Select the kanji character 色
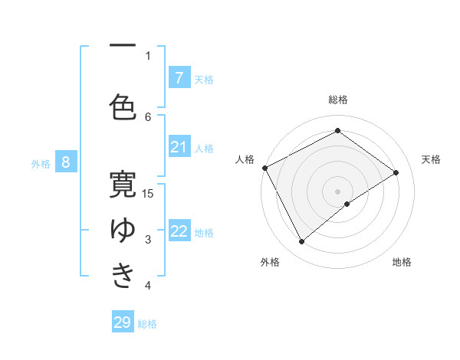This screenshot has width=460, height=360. (x=123, y=106)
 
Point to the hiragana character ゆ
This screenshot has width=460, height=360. (x=123, y=229)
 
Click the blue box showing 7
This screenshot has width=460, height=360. (x=179, y=77)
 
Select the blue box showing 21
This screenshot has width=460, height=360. (x=179, y=147)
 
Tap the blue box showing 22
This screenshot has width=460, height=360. (x=179, y=231)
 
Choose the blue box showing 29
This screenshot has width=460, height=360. (x=123, y=322)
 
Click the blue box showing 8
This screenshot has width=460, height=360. (x=66, y=162)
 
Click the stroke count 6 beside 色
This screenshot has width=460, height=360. (x=148, y=116)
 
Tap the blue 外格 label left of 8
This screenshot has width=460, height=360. (x=40, y=163)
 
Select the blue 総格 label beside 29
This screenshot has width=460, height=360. (x=147, y=324)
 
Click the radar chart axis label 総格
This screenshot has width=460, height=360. (x=338, y=100)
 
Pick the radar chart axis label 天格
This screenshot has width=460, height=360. (x=431, y=159)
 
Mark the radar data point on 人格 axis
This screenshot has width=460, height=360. (x=264, y=168)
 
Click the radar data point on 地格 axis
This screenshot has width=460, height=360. (x=347, y=204)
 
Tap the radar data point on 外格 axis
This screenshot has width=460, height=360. (x=302, y=242)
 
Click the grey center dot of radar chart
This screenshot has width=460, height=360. (x=337, y=191)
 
